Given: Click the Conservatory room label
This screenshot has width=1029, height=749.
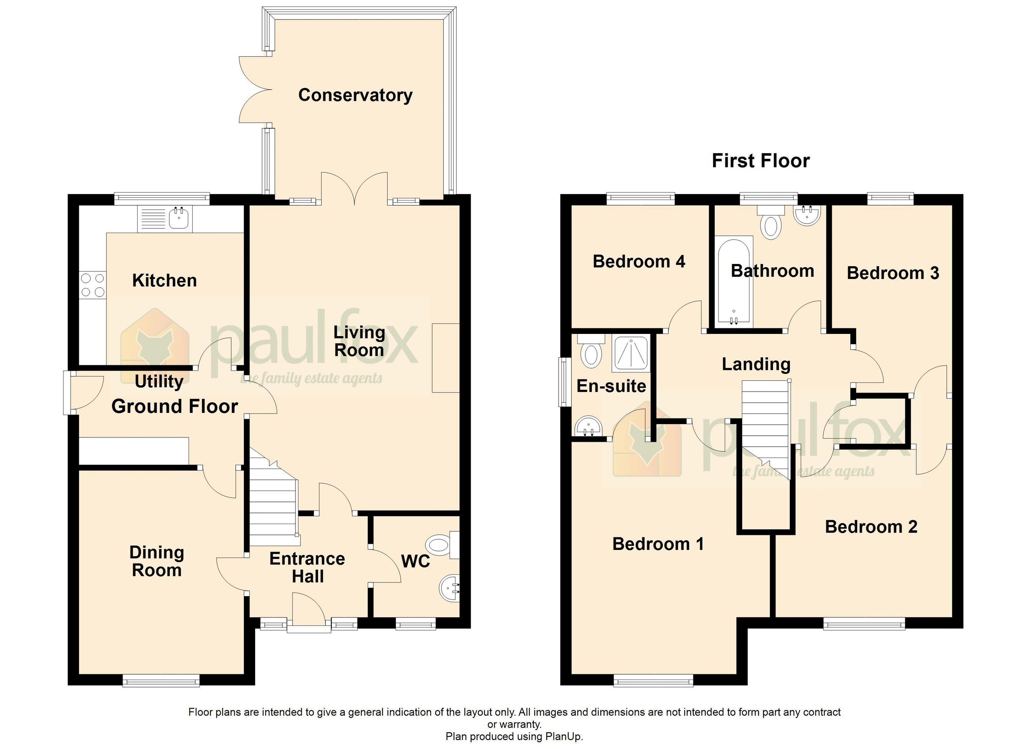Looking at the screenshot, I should point(355,95).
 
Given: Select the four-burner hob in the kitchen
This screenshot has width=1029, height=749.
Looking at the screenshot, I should point(92,285).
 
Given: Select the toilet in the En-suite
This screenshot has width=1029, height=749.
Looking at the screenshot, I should point(591,353).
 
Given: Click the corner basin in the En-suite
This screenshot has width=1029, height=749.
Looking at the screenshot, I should point(587,427).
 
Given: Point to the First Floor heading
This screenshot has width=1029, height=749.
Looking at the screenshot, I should point(761,161).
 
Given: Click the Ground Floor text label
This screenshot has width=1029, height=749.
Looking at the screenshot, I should point(175,406).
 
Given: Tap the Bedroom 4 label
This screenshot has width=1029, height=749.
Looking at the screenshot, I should point(639,262).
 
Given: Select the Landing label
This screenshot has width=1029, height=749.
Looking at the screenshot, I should point(756,364).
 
